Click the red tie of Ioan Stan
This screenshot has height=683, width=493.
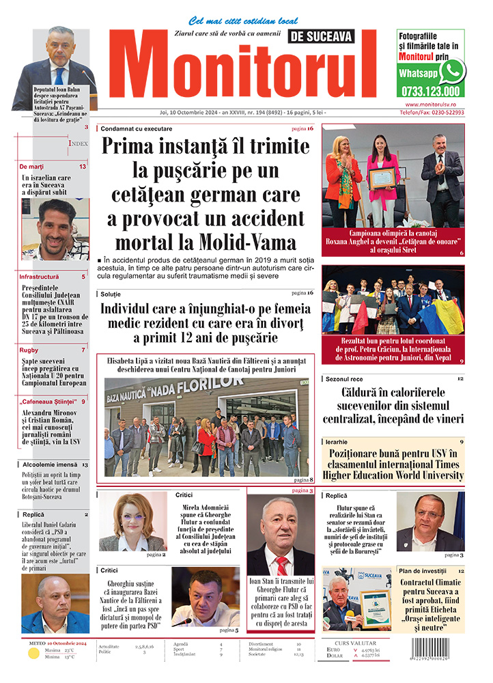[x=281, y=566]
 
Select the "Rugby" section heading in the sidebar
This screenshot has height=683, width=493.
[x=29, y=350]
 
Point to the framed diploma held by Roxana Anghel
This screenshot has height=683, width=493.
[x=382, y=178]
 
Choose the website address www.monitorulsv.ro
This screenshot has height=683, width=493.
[x=430, y=104]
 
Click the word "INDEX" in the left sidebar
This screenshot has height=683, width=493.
[x=77, y=143]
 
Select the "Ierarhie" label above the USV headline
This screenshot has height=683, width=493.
[x=338, y=442]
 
